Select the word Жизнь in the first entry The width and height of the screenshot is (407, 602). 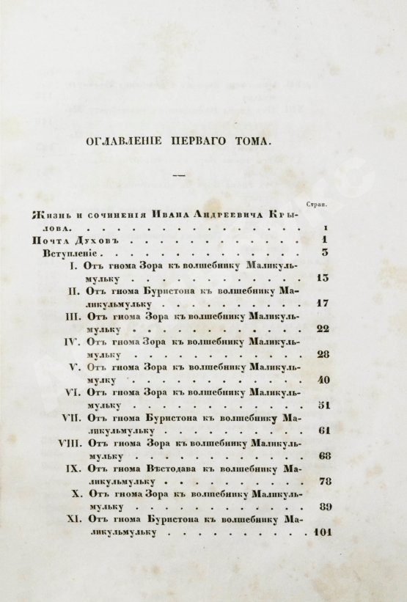click(x=50, y=216)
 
